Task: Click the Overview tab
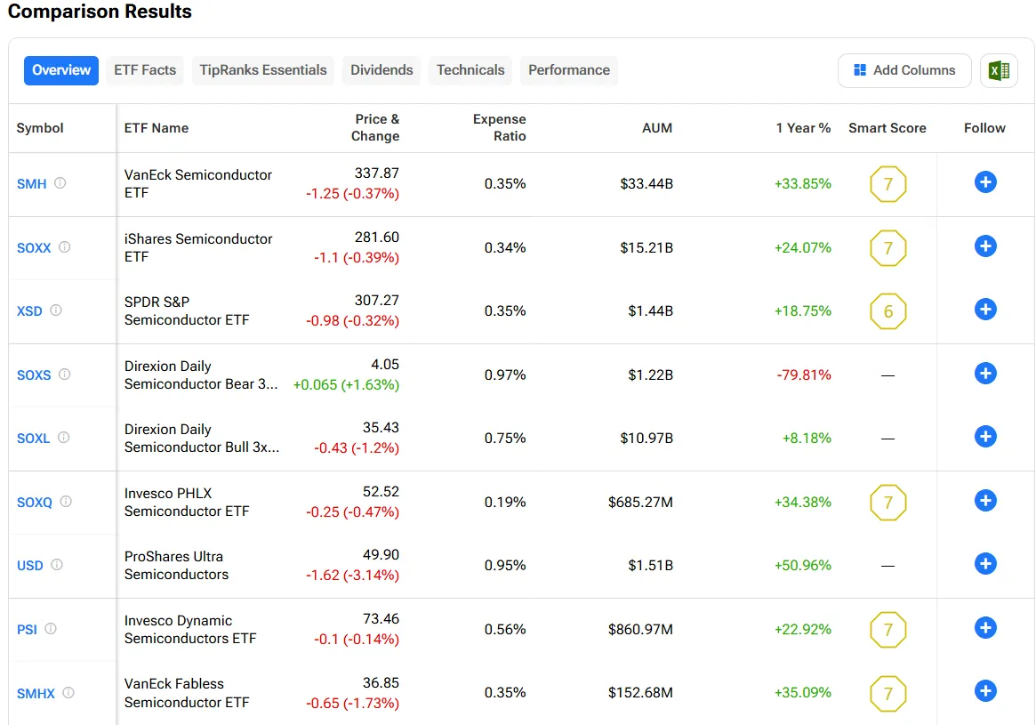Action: [x=61, y=70]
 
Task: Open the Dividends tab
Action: [x=381, y=70]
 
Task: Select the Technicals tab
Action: [x=470, y=70]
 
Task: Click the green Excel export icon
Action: [x=999, y=70]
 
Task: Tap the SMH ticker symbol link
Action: [x=32, y=184]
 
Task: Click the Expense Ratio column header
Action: [x=499, y=127]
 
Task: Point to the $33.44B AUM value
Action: [x=646, y=184]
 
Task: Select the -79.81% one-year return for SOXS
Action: [x=803, y=375]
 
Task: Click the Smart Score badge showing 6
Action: [x=887, y=311]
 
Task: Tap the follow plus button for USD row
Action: [x=985, y=564]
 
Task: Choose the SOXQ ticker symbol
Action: [x=35, y=503]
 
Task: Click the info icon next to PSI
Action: [x=51, y=628]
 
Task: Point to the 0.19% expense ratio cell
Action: [x=505, y=502]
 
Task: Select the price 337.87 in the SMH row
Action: [x=377, y=173]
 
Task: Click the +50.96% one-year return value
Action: [x=803, y=565]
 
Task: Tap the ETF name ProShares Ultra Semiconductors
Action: [x=176, y=565]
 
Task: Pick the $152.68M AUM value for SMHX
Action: [x=640, y=692]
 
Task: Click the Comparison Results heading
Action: [x=100, y=12]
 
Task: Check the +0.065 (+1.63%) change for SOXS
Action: [x=346, y=384]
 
